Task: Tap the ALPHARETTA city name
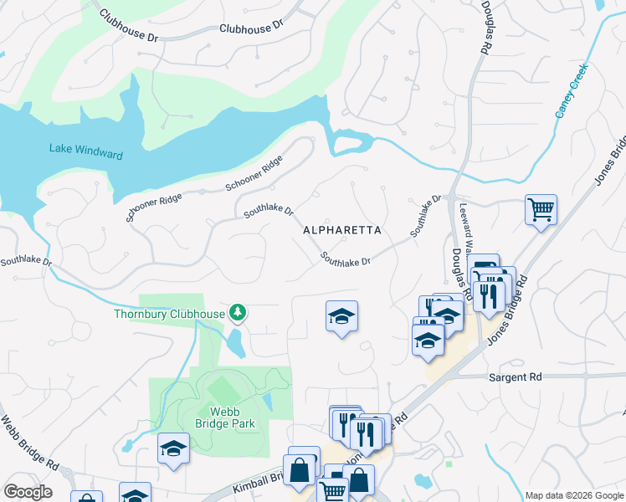[x=341, y=230]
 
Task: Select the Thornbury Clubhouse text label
[x=169, y=315]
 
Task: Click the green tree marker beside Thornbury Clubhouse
[x=239, y=313]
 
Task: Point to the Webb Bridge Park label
[x=232, y=417]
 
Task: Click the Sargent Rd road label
[x=515, y=377]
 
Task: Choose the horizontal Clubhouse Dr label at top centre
[x=251, y=28]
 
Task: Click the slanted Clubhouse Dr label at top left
[x=128, y=26]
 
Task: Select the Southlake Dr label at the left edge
[x=26, y=261]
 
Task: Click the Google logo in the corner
[x=27, y=492]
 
